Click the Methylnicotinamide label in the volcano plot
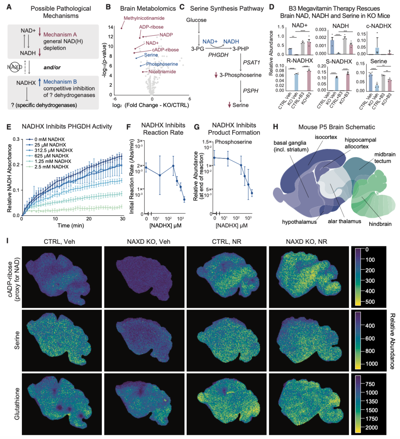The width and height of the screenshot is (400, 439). point(144,18)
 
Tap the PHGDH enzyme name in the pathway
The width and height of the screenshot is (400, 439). point(218,55)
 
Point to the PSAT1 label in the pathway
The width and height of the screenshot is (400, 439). point(251,62)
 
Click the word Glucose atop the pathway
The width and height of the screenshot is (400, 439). point(196,20)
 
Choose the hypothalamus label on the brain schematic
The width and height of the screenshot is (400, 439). point(299,222)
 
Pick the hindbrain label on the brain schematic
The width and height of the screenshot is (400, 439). point(380,224)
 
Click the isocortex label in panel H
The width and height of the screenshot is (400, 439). point(326,137)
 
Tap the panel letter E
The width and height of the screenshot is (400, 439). point(9,126)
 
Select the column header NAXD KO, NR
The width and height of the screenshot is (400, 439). point(306,242)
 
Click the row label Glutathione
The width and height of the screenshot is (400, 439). point(17,404)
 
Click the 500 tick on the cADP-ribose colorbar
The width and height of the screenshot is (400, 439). point(370,302)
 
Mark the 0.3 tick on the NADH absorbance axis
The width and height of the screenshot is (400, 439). point(16,139)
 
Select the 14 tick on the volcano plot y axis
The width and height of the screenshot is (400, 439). point(110,27)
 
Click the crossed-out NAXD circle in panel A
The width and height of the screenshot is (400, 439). point(14,67)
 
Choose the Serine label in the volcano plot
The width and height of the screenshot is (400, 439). point(151,55)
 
